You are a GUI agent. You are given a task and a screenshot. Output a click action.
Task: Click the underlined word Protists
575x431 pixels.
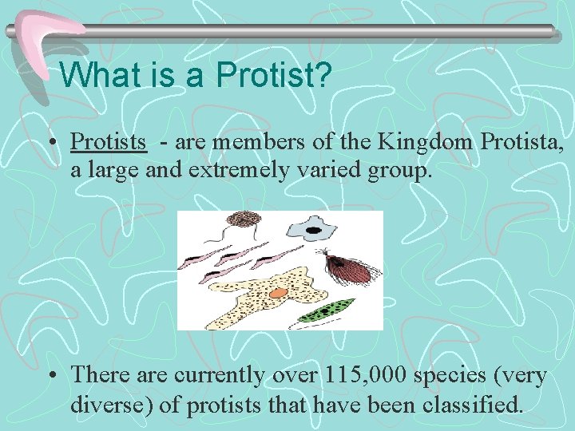pos(109,142)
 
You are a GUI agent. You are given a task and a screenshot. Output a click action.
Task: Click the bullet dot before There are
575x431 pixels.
pos(52,376)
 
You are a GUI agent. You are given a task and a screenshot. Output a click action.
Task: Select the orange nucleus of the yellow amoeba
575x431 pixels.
pos(277,293)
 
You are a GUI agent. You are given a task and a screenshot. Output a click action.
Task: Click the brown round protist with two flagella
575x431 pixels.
pos(240,219)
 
